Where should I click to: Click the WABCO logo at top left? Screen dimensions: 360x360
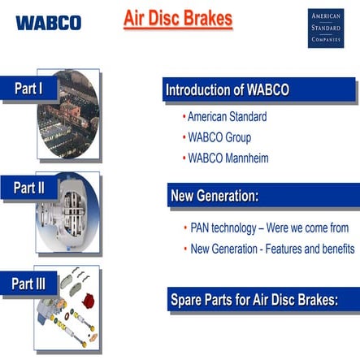pos(47,22)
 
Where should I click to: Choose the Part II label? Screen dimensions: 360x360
pos(29,188)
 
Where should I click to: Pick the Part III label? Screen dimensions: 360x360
pos(28,284)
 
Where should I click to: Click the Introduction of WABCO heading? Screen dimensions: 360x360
pos(228,89)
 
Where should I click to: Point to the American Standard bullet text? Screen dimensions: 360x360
pos(227,116)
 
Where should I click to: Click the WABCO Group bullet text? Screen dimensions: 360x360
pos(219,137)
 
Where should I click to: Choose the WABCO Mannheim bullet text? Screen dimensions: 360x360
pos(228,158)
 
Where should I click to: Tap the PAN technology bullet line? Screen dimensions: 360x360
pos(269,228)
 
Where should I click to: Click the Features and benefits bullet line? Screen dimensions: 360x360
pos(272,248)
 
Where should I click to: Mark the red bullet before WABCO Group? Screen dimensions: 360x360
pos(184,137)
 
